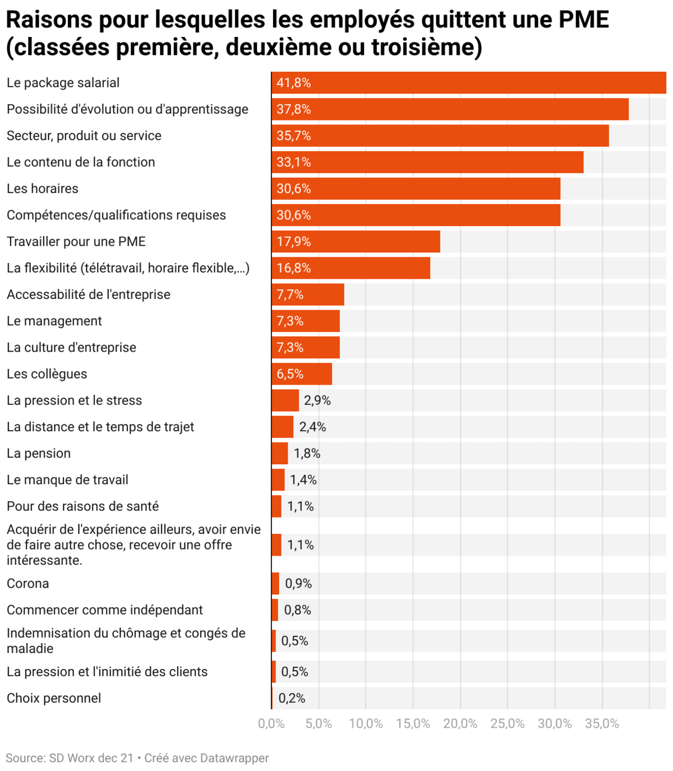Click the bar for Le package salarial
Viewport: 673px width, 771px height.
coord(469,83)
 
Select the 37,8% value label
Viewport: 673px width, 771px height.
coord(293,109)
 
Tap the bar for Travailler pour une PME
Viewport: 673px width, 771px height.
coord(356,242)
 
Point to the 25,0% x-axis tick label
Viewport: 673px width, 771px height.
coord(507,724)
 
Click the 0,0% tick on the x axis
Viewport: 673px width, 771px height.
coord(271,724)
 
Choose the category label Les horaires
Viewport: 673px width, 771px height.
coord(43,189)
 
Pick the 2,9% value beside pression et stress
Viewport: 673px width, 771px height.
coord(317,400)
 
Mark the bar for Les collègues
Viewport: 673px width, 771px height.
coord(302,374)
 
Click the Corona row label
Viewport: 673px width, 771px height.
coord(28,584)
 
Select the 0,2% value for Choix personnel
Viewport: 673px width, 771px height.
coord(292,698)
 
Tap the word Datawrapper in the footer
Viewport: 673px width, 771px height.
coord(236,758)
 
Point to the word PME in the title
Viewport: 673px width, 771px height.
coord(583,20)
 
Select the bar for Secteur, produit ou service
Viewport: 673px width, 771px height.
coord(440,136)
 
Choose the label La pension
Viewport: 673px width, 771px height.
coord(39,454)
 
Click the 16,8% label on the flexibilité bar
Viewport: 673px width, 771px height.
coord(293,268)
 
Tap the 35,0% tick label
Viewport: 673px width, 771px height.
coord(602,724)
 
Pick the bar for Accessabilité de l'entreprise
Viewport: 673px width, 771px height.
coord(308,294)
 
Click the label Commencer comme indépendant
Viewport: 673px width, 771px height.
coord(105,610)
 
